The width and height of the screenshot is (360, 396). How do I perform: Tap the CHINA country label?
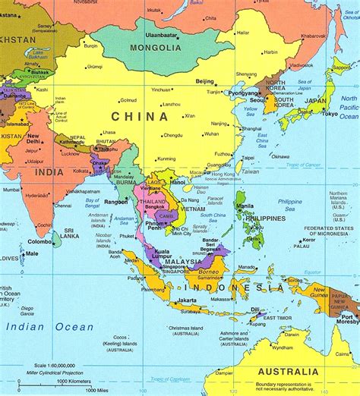[139, 116]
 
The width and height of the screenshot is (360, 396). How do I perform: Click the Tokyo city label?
[329, 115]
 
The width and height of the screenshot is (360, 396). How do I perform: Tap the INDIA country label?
[49, 171]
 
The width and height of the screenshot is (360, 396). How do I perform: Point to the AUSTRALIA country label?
[287, 372]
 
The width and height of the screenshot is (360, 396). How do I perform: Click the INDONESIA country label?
[238, 288]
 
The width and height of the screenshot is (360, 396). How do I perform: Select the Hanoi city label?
[179, 182]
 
